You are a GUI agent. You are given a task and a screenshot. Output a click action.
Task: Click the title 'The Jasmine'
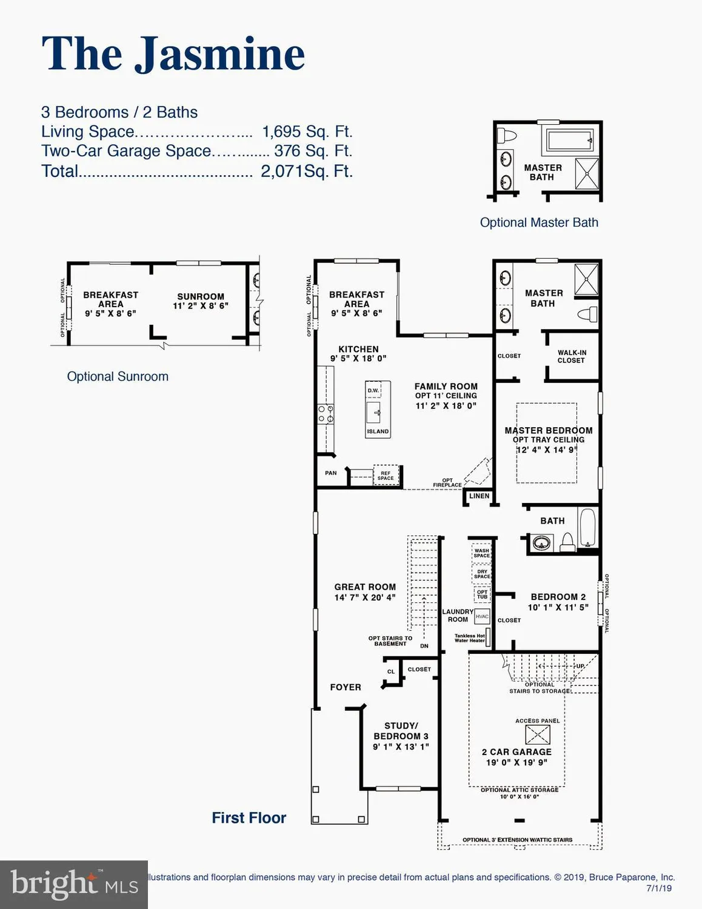(x=173, y=54)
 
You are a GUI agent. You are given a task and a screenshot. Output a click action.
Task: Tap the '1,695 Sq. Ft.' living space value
(x=307, y=132)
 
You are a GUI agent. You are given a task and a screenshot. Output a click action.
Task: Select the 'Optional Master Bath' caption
(x=539, y=222)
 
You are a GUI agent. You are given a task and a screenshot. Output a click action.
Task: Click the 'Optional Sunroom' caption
(x=118, y=376)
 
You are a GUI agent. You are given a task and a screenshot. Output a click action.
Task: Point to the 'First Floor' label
(x=249, y=817)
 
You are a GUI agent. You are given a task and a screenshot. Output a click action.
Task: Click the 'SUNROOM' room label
(x=201, y=296)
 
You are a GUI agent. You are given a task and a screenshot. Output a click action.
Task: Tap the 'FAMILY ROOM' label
(x=446, y=386)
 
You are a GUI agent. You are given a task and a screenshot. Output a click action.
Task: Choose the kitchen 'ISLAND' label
(x=378, y=431)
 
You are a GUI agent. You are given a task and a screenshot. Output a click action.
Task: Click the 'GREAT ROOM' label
(x=365, y=587)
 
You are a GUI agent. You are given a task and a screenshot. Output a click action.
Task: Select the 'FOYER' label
(x=346, y=687)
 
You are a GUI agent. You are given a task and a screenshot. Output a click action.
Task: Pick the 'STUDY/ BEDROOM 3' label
(x=401, y=731)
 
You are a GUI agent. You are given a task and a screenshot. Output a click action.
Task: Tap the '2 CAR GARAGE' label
(x=516, y=751)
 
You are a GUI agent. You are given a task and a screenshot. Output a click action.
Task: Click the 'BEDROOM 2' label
(x=558, y=597)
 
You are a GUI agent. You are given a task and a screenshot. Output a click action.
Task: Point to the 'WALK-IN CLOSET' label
(x=572, y=356)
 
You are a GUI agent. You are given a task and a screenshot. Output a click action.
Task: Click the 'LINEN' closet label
(x=479, y=496)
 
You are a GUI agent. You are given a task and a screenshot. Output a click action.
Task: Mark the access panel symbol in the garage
(x=538, y=734)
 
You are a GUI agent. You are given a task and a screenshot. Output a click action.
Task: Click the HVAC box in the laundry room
(x=482, y=616)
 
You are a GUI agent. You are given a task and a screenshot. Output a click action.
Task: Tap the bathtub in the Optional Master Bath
(x=569, y=141)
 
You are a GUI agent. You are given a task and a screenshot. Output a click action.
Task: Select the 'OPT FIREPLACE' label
(x=447, y=482)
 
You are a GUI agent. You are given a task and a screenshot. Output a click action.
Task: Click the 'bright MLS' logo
(x=74, y=885)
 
